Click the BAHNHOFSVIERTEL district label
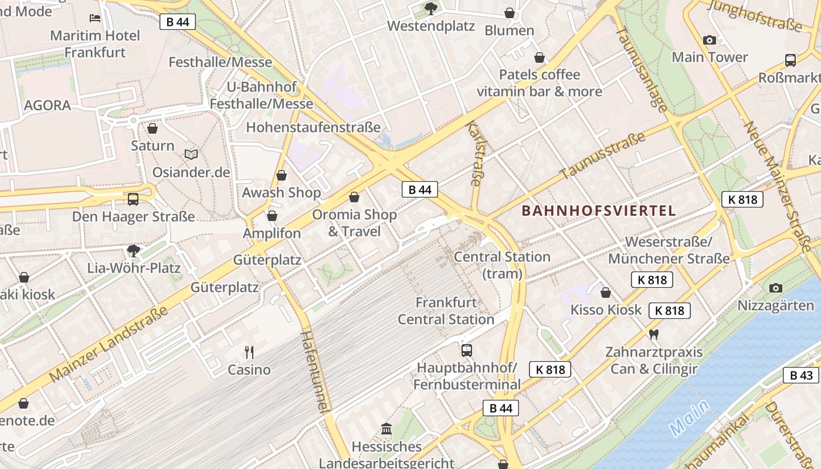point(599,210)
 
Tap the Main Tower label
point(710,57)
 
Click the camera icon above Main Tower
point(710,40)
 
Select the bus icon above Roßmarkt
point(791,60)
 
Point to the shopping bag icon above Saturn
point(152,128)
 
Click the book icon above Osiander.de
point(191,154)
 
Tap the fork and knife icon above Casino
point(249,352)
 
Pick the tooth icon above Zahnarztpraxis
point(654,335)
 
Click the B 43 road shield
point(800,376)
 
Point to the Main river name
point(690,417)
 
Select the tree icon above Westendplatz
point(431,8)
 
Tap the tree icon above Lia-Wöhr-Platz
point(134,251)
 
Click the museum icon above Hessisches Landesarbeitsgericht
point(386,429)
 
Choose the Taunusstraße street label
point(602,156)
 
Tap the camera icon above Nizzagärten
point(776,288)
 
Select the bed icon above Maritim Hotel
point(95,18)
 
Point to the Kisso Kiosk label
point(606,310)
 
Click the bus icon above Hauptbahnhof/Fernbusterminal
point(467,351)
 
